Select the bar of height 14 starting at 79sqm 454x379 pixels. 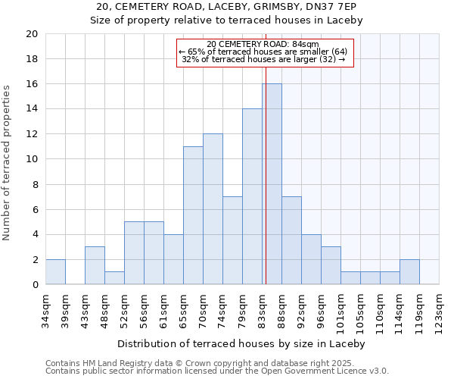click(252, 196)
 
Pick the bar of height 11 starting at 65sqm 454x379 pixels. click(193, 215)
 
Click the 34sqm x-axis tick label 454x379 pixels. click(46, 308)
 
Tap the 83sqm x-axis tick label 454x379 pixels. click(263, 308)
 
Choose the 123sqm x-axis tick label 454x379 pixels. click(440, 310)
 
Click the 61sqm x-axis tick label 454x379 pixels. click(164, 308)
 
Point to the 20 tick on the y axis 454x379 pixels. click(31, 34)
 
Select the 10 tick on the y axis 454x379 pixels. click(31, 159)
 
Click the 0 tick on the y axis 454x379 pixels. click(34, 284)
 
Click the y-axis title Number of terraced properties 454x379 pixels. click(8, 163)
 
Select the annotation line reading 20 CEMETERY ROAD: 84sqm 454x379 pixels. click(263, 45)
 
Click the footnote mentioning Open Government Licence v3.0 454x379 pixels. click(217, 371)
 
